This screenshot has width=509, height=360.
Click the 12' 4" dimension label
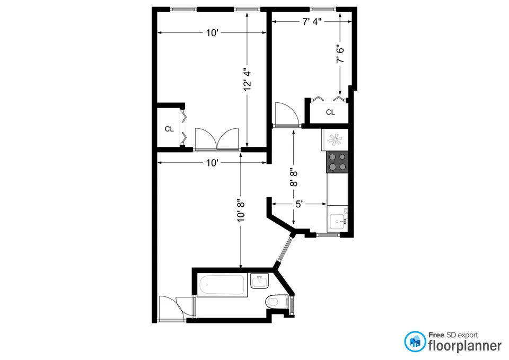(x=247, y=79)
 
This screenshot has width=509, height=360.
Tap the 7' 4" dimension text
(x=312, y=22)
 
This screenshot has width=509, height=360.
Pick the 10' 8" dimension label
(x=241, y=209)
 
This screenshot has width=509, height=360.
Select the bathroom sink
(x=259, y=281)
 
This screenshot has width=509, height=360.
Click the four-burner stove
(x=338, y=161)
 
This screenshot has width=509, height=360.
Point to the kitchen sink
(x=338, y=221)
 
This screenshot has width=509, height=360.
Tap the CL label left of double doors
(x=169, y=129)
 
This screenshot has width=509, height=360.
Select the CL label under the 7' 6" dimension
(x=330, y=112)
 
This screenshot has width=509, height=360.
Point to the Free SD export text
(x=453, y=335)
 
